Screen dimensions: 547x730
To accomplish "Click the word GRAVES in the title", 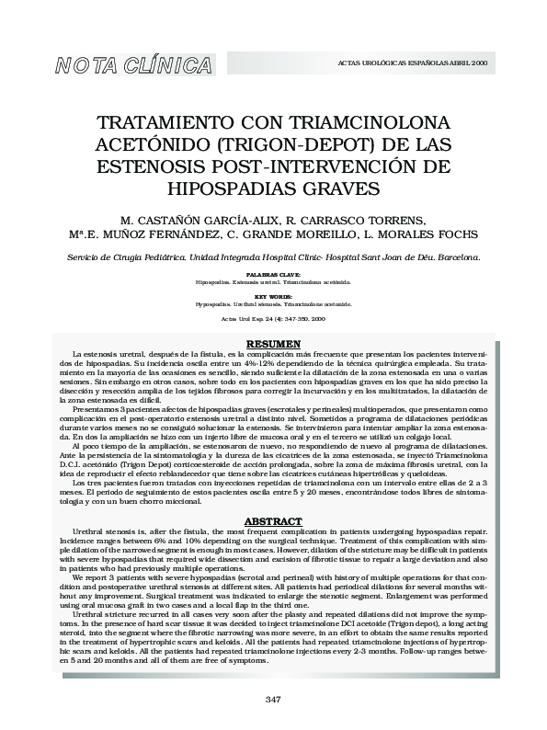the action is pos(334,188).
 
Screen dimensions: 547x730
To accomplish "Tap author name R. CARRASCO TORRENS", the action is pos(357,221).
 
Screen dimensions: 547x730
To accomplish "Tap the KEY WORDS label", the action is pos(273,298).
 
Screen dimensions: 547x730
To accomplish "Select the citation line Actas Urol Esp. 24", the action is pos(273,319).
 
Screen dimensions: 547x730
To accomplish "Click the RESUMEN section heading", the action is pos(273,344).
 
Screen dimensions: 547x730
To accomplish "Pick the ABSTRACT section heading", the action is pos(273,520).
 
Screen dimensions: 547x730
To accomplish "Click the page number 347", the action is pos(273,700).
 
